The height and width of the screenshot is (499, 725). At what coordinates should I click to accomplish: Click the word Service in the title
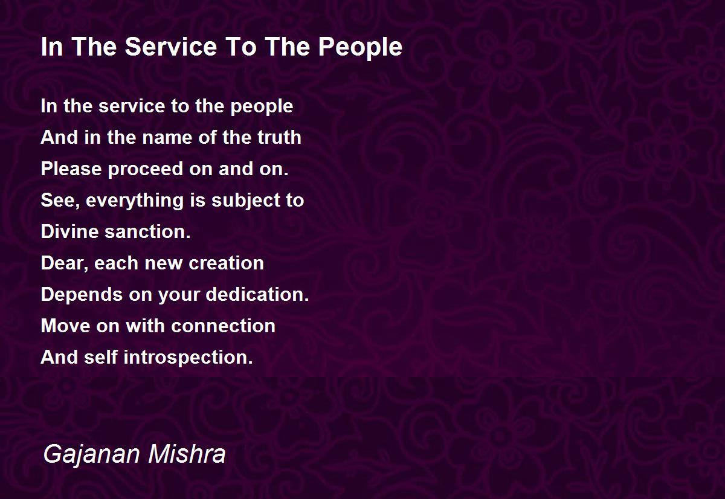coord(171,47)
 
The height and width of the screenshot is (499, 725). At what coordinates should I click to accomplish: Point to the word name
coord(167,138)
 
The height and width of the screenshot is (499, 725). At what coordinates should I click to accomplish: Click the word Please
coord(71,169)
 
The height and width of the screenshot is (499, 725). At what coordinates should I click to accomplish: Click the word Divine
coord(69,232)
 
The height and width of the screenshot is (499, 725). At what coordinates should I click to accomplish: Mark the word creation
coord(226,263)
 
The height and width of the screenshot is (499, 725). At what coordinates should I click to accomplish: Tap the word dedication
coord(257,294)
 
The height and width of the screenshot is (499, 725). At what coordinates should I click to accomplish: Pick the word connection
coord(223,326)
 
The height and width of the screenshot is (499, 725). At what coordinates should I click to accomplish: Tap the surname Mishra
coord(187,454)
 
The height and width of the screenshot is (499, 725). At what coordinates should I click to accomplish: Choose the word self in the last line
coord(101,357)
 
